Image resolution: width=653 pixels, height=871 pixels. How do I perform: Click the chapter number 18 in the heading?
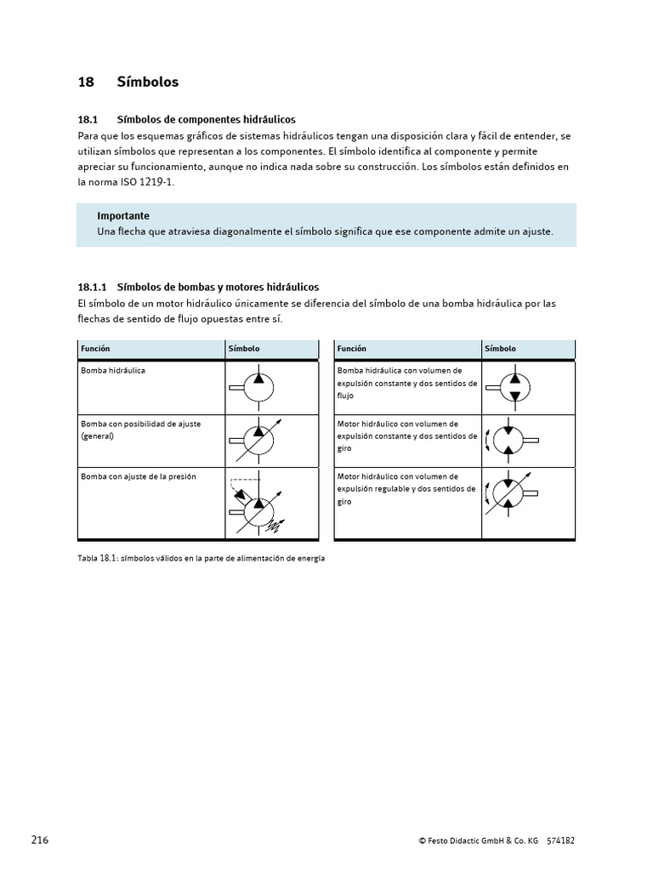[x=85, y=83]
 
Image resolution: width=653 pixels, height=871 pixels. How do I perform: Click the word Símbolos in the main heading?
[x=148, y=83]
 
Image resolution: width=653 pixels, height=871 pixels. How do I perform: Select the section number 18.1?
[x=88, y=120]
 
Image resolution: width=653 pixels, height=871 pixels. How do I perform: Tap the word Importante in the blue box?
[x=123, y=216]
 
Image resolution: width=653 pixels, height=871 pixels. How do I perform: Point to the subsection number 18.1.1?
[x=92, y=287]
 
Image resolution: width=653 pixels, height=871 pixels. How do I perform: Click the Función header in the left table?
[x=95, y=349]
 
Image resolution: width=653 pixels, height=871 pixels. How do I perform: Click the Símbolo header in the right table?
[x=500, y=349]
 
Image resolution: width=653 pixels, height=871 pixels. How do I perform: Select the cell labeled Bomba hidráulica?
[x=113, y=371]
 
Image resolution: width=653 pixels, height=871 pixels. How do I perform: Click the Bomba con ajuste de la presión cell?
[x=139, y=476]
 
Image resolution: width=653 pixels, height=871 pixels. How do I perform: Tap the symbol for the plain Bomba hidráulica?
[x=255, y=388]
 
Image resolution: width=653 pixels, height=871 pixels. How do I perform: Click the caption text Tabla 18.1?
[x=95, y=559]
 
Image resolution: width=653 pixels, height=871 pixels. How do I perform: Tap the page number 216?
[x=40, y=840]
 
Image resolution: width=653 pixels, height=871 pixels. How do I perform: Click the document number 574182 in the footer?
[x=560, y=841]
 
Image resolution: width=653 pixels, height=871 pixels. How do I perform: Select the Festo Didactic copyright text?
[x=479, y=841]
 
